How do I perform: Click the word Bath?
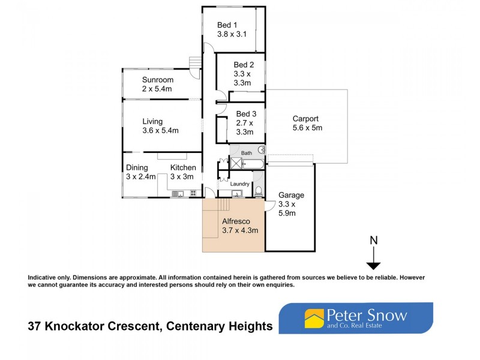click(x=247, y=154)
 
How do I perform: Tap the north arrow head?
click(x=374, y=266)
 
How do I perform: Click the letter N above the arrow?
click(x=374, y=241)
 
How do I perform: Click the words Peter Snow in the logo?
click(x=367, y=315)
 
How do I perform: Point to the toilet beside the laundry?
click(x=259, y=191)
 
